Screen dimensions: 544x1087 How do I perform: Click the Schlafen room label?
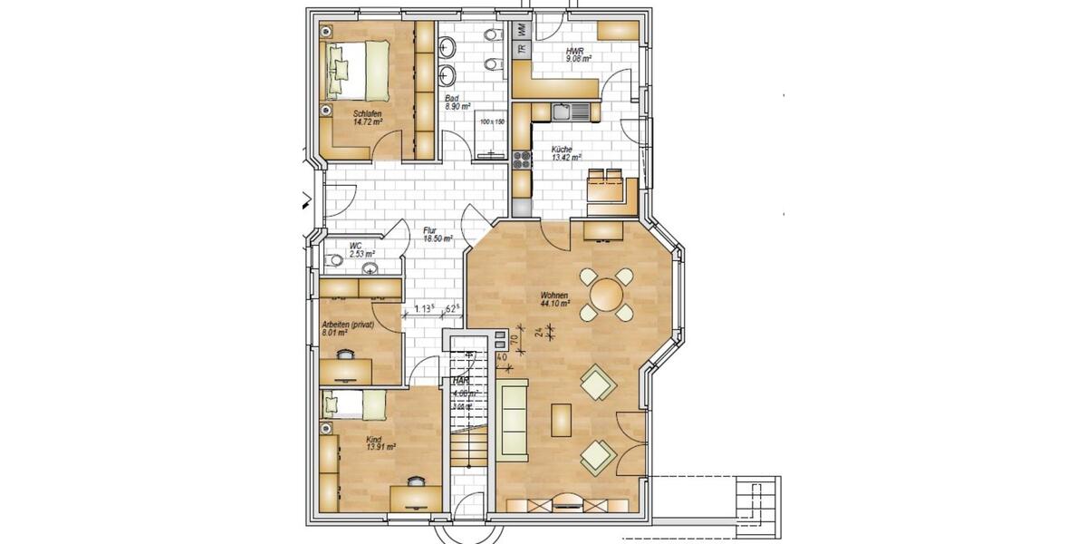tap(367, 116)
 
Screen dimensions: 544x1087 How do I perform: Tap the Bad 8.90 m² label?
tap(457, 102)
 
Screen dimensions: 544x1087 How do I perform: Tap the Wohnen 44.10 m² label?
tap(554, 300)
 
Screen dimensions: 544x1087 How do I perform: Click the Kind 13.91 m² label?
tap(380, 443)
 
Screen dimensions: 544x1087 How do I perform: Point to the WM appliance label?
tap(522, 29)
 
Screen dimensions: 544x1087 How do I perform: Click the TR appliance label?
tap(522, 50)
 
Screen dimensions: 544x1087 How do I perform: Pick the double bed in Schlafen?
tap(361, 70)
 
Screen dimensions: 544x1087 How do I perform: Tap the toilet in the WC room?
tap(333, 260)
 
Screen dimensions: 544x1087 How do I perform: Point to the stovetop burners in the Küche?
tap(523, 160)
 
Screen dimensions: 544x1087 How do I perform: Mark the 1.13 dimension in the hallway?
tap(424, 309)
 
